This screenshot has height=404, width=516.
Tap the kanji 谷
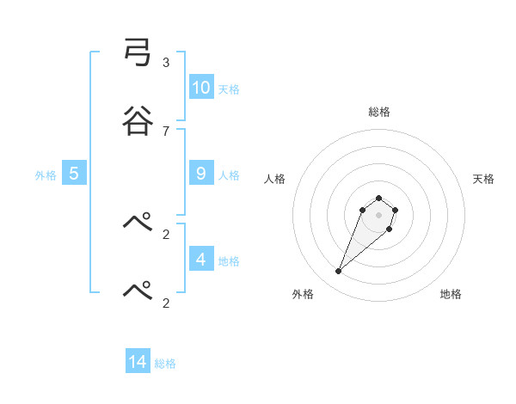(138, 119)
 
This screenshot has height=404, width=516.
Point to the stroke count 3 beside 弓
(165, 63)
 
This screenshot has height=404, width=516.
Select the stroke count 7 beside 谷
(165, 131)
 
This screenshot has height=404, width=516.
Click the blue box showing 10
(201, 87)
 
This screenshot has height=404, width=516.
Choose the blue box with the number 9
(201, 173)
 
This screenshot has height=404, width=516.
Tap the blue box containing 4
(201, 259)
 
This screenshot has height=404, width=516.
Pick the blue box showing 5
(74, 173)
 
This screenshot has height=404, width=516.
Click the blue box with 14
(138, 362)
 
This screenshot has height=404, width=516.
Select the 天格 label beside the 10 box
(229, 89)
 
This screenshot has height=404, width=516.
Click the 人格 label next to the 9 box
(229, 174)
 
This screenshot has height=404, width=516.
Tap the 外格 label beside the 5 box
(46, 174)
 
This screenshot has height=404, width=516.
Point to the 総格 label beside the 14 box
(165, 364)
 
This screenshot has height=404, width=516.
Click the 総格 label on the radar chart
(378, 112)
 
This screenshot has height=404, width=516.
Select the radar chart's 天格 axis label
(483, 179)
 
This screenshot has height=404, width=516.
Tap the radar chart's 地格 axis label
(451, 294)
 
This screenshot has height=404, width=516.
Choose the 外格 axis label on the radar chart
(303, 294)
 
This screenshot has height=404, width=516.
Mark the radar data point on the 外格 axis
(339, 272)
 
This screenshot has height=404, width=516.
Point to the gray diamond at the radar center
(378, 215)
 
